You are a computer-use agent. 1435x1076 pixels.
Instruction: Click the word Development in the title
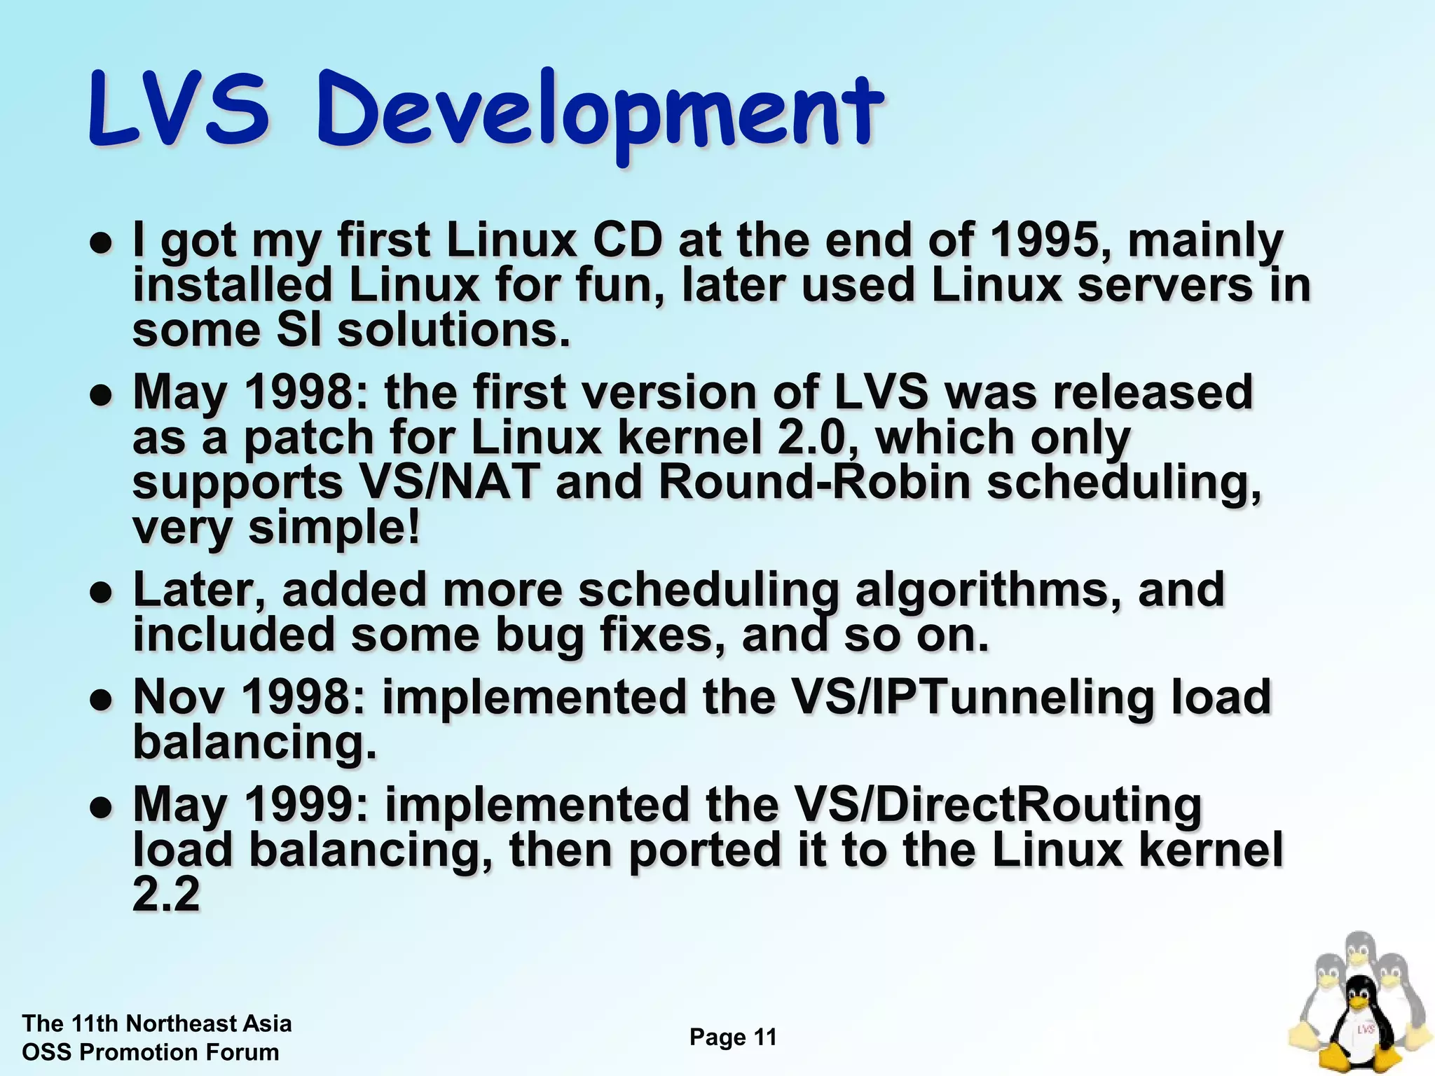point(599,112)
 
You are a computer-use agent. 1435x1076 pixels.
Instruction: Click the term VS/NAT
point(449,483)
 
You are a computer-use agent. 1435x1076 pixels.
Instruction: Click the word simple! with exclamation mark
point(335,527)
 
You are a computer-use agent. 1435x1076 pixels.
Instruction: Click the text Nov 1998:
point(249,697)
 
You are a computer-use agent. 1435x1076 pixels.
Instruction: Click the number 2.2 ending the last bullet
point(166,895)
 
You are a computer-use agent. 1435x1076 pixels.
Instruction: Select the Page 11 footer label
point(733,1037)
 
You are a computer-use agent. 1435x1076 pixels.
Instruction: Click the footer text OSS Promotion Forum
point(151,1052)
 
